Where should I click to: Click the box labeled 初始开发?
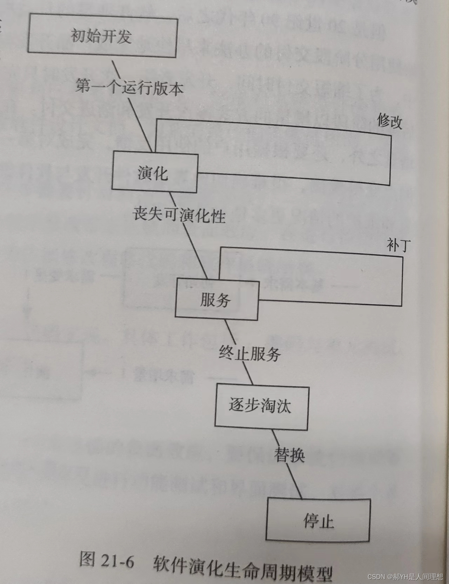coord(102,35)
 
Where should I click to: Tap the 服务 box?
coord(216,299)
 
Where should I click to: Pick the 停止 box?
coord(318,521)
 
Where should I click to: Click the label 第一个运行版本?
coord(129,87)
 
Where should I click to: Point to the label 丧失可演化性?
coord(179,214)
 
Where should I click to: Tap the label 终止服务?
coord(249,353)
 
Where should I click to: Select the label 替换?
coord(289,455)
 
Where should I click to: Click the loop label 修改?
coord(389,121)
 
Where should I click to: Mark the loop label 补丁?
coord(398,245)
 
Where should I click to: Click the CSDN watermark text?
coord(405,576)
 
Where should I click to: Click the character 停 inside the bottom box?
coord(310,521)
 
